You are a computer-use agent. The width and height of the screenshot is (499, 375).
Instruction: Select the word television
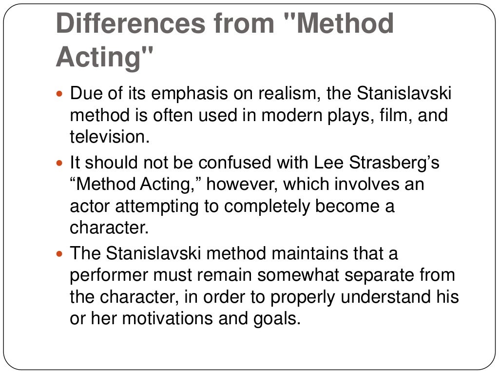[108, 137]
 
